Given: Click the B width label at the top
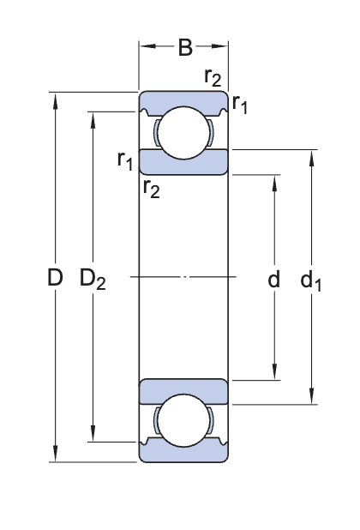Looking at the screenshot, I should coord(184,47).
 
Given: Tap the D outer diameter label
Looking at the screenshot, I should coord(56,278).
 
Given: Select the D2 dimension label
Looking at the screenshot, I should coord(93,279).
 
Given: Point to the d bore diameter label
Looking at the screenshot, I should coord(273,279).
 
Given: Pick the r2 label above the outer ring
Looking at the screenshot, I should coord(213,78).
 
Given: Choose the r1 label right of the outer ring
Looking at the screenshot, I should coord(240,105).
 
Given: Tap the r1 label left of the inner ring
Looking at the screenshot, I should coord(125,160).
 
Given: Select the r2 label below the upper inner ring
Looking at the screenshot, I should coord(151,188).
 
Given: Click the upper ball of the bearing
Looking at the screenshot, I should coord(184,133).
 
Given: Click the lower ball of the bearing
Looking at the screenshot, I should coord(184,421).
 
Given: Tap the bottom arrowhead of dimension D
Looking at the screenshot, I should coord(56,455).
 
